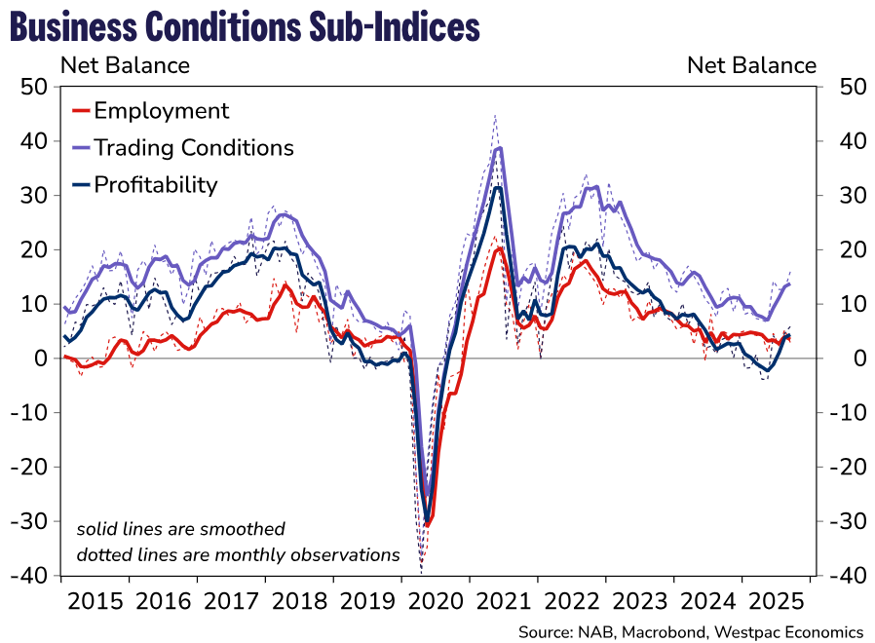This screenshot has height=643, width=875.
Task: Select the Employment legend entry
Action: (x=161, y=111)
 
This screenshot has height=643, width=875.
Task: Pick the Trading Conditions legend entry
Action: (x=193, y=148)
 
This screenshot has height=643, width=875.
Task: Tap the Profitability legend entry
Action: (x=155, y=185)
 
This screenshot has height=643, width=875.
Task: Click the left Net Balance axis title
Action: (x=126, y=66)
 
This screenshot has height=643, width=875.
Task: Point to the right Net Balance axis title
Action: (x=751, y=66)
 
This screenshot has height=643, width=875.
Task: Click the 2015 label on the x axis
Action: (x=95, y=601)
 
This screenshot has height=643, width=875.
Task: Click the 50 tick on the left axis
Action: (x=34, y=87)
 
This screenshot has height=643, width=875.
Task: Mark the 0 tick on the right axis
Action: (x=833, y=359)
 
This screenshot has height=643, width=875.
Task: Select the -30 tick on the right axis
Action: (x=840, y=521)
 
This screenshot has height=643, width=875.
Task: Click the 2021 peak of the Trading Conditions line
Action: (x=499, y=148)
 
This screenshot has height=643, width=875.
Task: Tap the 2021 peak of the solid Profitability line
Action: (x=497, y=187)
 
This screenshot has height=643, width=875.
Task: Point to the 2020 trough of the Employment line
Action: (x=427, y=524)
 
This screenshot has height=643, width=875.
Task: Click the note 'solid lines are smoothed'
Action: (x=181, y=529)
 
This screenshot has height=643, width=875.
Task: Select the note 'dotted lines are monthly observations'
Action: (x=239, y=555)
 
